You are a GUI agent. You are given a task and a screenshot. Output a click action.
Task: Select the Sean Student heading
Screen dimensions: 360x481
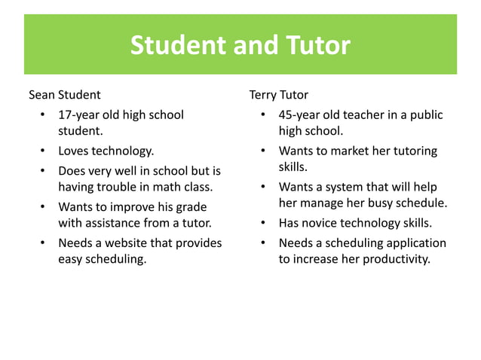click(65, 96)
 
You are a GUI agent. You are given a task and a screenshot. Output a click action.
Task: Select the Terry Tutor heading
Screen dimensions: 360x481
click(278, 96)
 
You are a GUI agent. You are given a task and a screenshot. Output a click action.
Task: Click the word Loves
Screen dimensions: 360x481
click(74, 151)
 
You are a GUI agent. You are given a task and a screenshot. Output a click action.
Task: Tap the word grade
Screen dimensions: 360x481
click(191, 206)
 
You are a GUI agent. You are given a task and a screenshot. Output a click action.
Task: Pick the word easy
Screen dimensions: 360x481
click(72, 259)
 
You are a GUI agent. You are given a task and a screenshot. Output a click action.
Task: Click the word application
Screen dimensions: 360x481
click(412, 243)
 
